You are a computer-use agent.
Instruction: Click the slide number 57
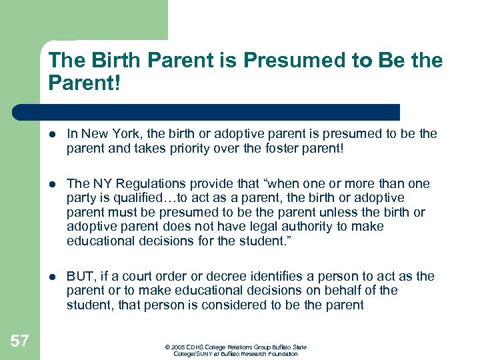pyautogui.click(x=20, y=342)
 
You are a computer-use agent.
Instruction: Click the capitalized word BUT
pyautogui.click(x=80, y=277)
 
